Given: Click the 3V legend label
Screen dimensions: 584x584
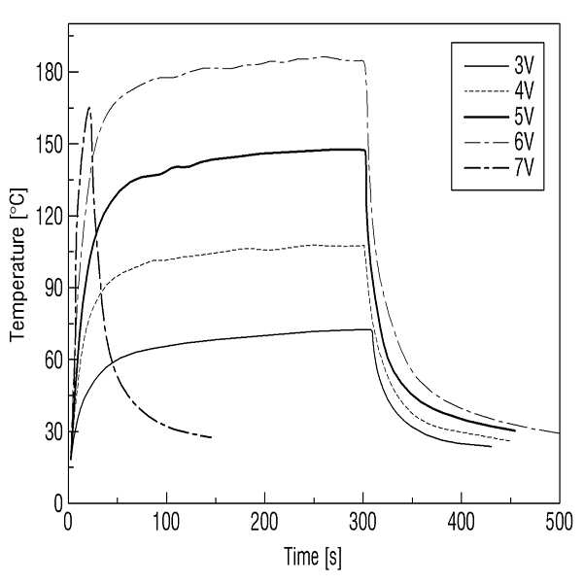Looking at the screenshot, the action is [x=524, y=66].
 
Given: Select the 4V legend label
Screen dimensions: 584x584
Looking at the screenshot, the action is [x=524, y=91].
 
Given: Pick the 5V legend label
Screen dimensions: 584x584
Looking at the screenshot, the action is [x=524, y=117].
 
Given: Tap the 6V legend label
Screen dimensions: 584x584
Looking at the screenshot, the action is [x=524, y=142].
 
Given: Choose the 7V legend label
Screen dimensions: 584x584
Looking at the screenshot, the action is [x=524, y=168].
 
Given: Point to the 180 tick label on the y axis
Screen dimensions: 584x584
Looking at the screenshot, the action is [x=49, y=72].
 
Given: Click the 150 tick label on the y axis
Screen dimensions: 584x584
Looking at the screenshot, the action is [x=49, y=144].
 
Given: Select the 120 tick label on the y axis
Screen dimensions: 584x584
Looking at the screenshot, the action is [x=49, y=216].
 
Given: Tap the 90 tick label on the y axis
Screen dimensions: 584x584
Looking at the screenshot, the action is [x=53, y=288].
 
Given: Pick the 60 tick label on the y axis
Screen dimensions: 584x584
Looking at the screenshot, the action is [x=53, y=360].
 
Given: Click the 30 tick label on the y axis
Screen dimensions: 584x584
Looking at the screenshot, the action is [x=53, y=431].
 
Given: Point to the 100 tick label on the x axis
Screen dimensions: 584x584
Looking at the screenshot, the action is [x=166, y=522].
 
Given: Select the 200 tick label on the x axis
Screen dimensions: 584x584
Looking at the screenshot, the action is [x=264, y=522].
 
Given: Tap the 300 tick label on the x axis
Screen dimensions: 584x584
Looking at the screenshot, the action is [x=362, y=522].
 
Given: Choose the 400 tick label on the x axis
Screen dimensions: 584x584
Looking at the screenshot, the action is [x=462, y=522].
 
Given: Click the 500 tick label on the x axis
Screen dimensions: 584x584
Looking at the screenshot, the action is [x=559, y=522].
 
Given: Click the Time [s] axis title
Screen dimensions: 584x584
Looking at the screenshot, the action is [x=313, y=558].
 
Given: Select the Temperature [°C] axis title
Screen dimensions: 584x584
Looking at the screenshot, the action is [x=17, y=265].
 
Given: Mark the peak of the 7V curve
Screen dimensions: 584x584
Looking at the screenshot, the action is [x=89, y=108].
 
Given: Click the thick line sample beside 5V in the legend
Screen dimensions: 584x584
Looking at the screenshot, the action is [x=487, y=117].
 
